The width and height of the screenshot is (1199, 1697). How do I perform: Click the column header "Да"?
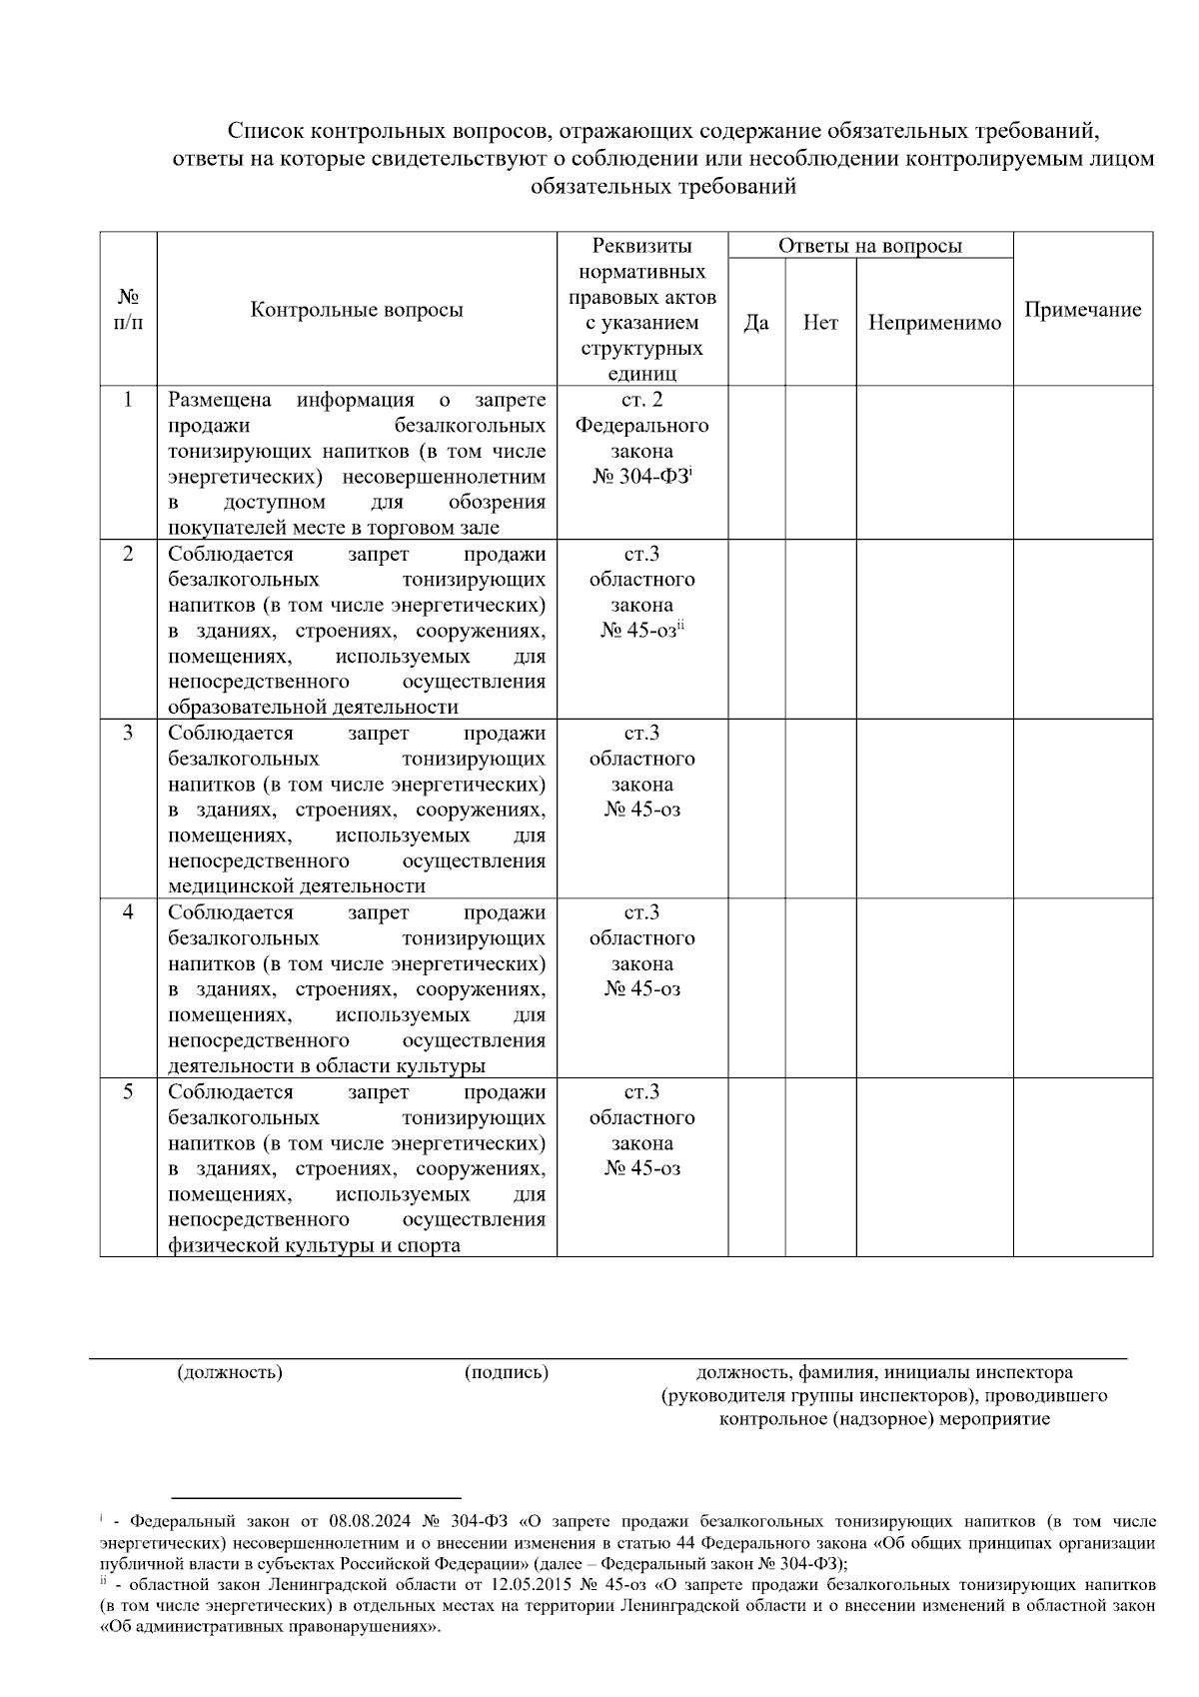point(756,323)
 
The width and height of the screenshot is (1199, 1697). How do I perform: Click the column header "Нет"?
point(820,323)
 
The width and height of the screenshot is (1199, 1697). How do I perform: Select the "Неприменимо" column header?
point(934,323)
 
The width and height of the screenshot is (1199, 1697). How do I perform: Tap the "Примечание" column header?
point(1083,310)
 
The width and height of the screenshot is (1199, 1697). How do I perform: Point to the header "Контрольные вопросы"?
point(357,310)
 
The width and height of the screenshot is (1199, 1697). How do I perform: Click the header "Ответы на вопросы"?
point(870,246)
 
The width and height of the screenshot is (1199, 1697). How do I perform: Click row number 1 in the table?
point(128,401)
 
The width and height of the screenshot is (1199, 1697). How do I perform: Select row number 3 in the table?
point(128,733)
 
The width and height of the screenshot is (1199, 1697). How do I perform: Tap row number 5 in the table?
point(128,1091)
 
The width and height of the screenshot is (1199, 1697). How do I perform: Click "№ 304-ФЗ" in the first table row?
point(640,477)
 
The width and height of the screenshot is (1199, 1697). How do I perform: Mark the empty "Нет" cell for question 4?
point(820,987)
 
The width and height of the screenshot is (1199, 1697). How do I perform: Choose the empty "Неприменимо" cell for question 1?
point(934,463)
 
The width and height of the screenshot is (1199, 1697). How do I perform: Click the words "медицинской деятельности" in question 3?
point(297,886)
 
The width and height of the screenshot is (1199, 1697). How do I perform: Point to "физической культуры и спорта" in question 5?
point(315,1245)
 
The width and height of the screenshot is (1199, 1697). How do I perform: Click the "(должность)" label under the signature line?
point(230,1372)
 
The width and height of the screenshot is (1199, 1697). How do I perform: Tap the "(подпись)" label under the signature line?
point(507,1372)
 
